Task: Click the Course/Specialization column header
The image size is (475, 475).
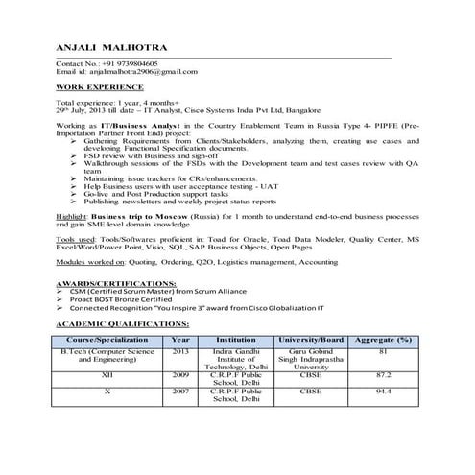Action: point(108,340)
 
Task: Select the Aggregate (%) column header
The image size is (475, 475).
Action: point(383,340)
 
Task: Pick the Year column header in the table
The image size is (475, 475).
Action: point(180,340)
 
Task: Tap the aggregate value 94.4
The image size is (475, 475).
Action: point(383,392)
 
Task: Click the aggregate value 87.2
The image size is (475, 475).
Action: point(383,374)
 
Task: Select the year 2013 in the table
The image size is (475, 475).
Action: point(180,351)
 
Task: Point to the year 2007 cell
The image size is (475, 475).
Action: point(180,392)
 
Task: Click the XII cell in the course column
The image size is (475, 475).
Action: point(108,374)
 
